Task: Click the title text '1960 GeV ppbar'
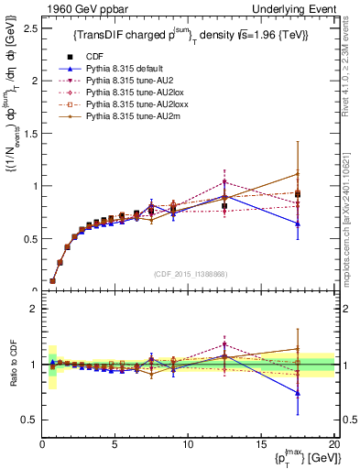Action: point(77,8)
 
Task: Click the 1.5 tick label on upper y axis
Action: point(29,133)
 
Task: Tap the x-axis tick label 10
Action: point(187,443)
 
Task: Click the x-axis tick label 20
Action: point(333,443)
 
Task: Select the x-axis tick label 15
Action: point(260,443)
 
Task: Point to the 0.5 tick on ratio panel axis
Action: point(29,420)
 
